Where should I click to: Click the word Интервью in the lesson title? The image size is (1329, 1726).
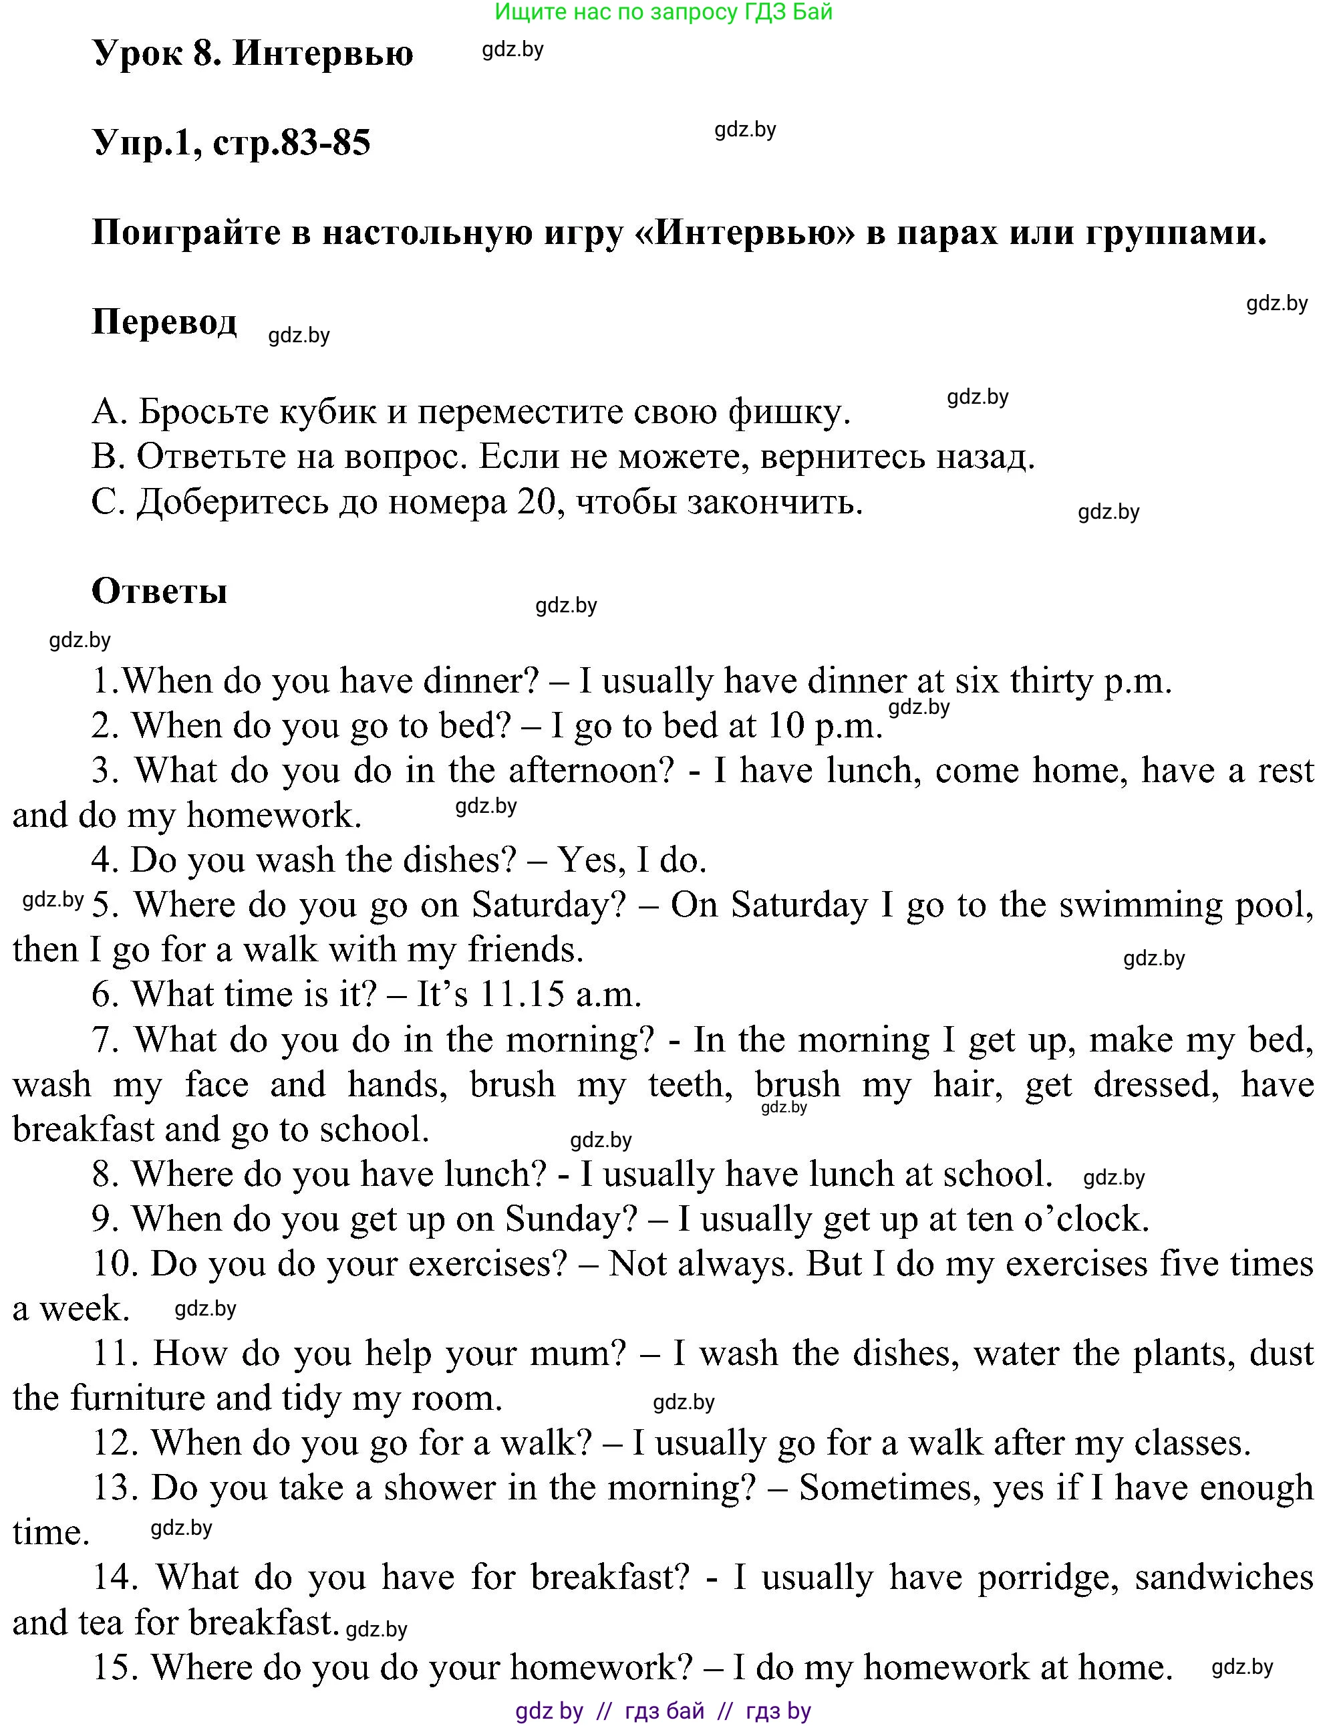323,53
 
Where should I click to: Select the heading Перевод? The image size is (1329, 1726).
164,322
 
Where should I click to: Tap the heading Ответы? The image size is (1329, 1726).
160,591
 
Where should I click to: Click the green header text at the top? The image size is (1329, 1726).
663,12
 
